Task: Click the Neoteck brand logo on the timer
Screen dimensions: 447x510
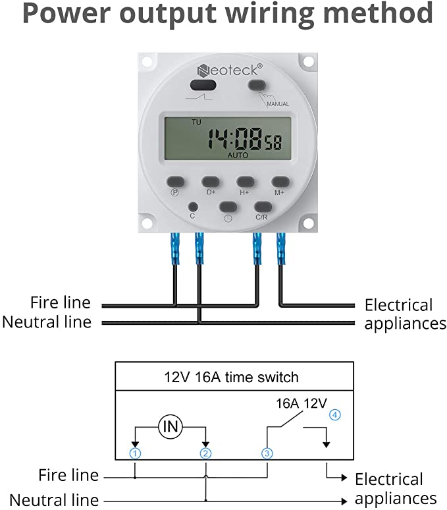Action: [230, 70]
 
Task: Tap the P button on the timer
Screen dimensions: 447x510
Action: [175, 182]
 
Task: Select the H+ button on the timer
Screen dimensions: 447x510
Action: [246, 182]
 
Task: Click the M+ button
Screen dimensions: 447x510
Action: [280, 182]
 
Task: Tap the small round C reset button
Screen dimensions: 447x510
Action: [193, 206]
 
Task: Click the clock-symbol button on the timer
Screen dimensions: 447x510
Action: [228, 207]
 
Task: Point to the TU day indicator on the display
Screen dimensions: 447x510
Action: [196, 123]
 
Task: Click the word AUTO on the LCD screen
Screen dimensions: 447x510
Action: [238, 156]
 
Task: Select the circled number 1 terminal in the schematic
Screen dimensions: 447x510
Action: [135, 453]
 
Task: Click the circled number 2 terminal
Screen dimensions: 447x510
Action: [205, 453]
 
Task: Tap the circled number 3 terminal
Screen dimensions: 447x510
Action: [267, 453]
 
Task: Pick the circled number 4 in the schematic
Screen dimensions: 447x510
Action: [335, 414]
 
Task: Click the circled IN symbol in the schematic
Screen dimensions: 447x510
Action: [171, 427]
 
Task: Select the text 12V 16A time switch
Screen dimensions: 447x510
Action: [231, 378]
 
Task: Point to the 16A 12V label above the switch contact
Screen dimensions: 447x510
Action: [302, 404]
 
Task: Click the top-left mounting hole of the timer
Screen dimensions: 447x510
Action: [147, 61]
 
